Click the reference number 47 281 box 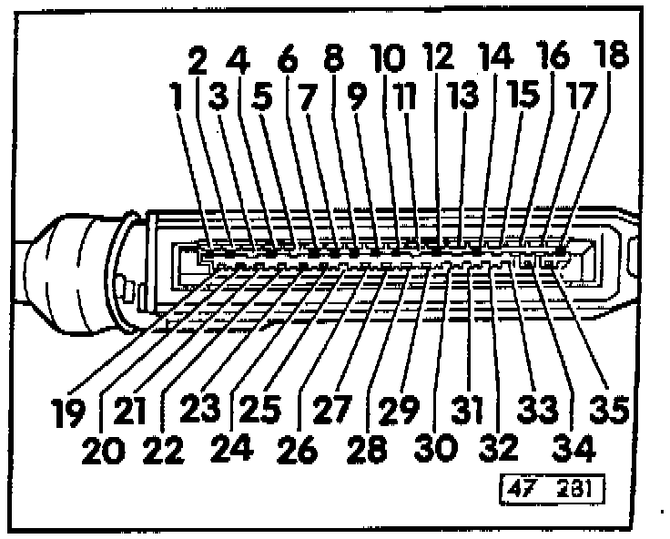[x=549, y=493]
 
